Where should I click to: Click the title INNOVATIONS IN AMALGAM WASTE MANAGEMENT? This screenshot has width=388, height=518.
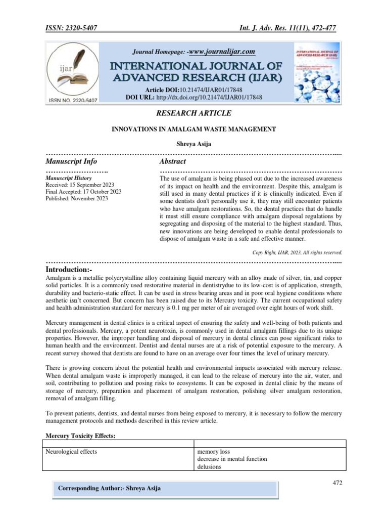click(x=193, y=129)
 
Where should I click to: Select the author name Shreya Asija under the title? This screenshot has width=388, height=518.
click(x=193, y=145)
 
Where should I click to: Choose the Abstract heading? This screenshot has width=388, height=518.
click(x=172, y=161)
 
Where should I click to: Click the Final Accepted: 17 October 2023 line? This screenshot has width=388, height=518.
click(x=83, y=192)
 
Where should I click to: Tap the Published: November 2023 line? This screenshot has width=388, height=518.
click(x=77, y=198)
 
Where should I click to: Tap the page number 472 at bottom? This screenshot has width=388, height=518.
click(x=337, y=483)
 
